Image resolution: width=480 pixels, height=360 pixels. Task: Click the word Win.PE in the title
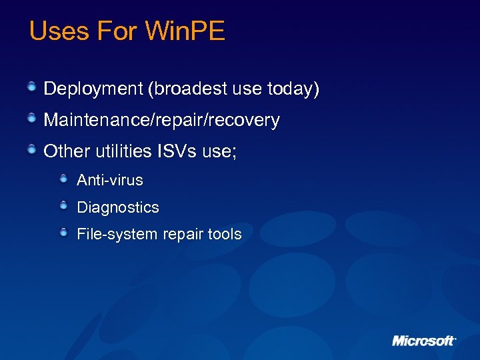pos(185,31)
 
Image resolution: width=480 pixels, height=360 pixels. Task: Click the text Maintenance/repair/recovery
pos(161,121)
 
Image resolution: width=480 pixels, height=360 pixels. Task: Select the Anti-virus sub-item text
pos(110,180)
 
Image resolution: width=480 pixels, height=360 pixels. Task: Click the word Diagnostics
pos(118,207)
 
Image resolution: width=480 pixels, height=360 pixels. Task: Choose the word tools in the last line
pos(223,235)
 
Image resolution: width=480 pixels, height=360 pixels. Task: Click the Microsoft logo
pos(423,341)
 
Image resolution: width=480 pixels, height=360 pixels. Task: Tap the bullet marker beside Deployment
pos(32,87)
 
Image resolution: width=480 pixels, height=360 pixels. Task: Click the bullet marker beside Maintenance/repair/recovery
pos(32,119)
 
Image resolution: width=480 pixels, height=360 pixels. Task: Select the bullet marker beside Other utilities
pos(32,150)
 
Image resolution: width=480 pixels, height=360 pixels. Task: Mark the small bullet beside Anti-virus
pos(63,179)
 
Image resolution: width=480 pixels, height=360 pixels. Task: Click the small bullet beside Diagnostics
pos(63,206)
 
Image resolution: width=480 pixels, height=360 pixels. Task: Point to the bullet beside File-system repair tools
pos(63,233)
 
